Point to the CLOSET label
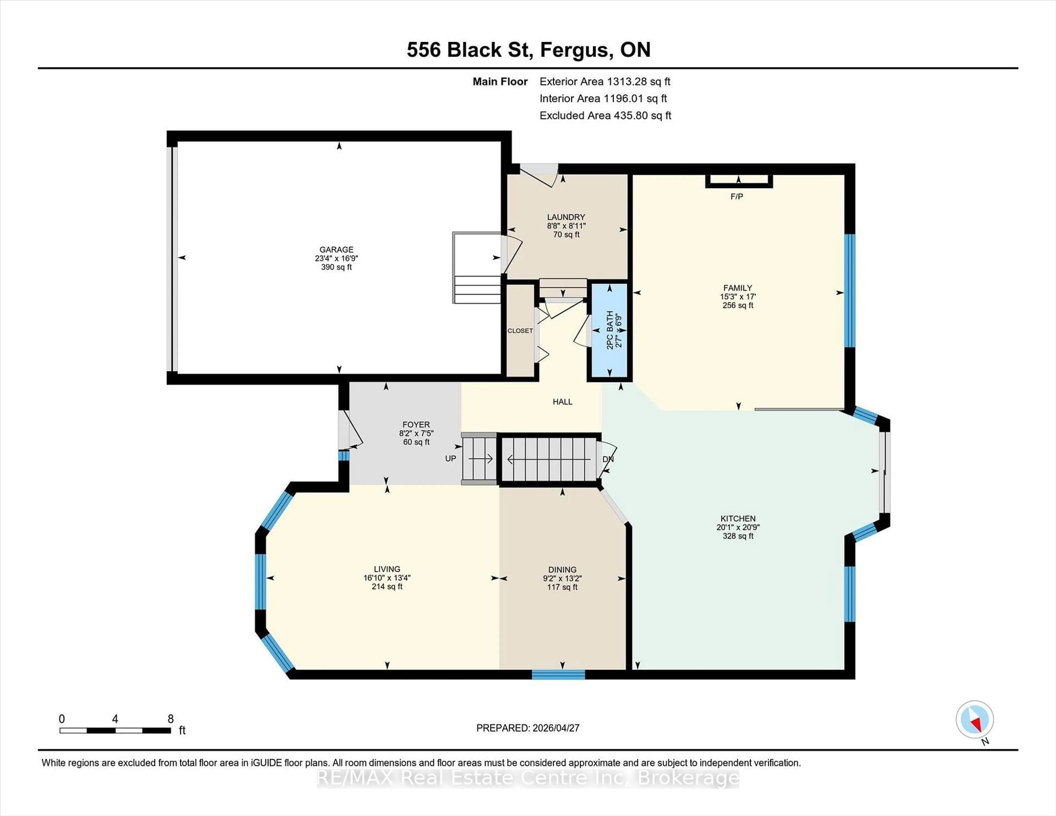tap(520, 331)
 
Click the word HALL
tap(562, 402)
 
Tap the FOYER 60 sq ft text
tap(416, 442)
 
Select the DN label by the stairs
tap(608, 459)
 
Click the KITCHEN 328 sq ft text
tap(738, 536)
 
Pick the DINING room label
tap(562, 569)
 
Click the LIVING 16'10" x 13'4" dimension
tap(387, 578)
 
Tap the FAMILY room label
tap(737, 288)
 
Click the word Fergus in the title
tap(574, 50)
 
